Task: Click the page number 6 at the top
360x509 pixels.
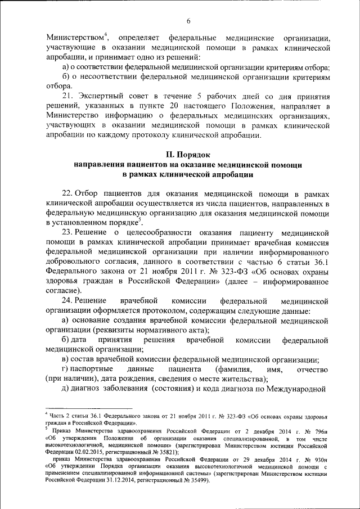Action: (x=188, y=21)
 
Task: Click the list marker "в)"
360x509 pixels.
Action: (x=66, y=360)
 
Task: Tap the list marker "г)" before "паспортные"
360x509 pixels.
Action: (x=65, y=370)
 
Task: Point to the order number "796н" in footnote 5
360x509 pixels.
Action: (x=320, y=430)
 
